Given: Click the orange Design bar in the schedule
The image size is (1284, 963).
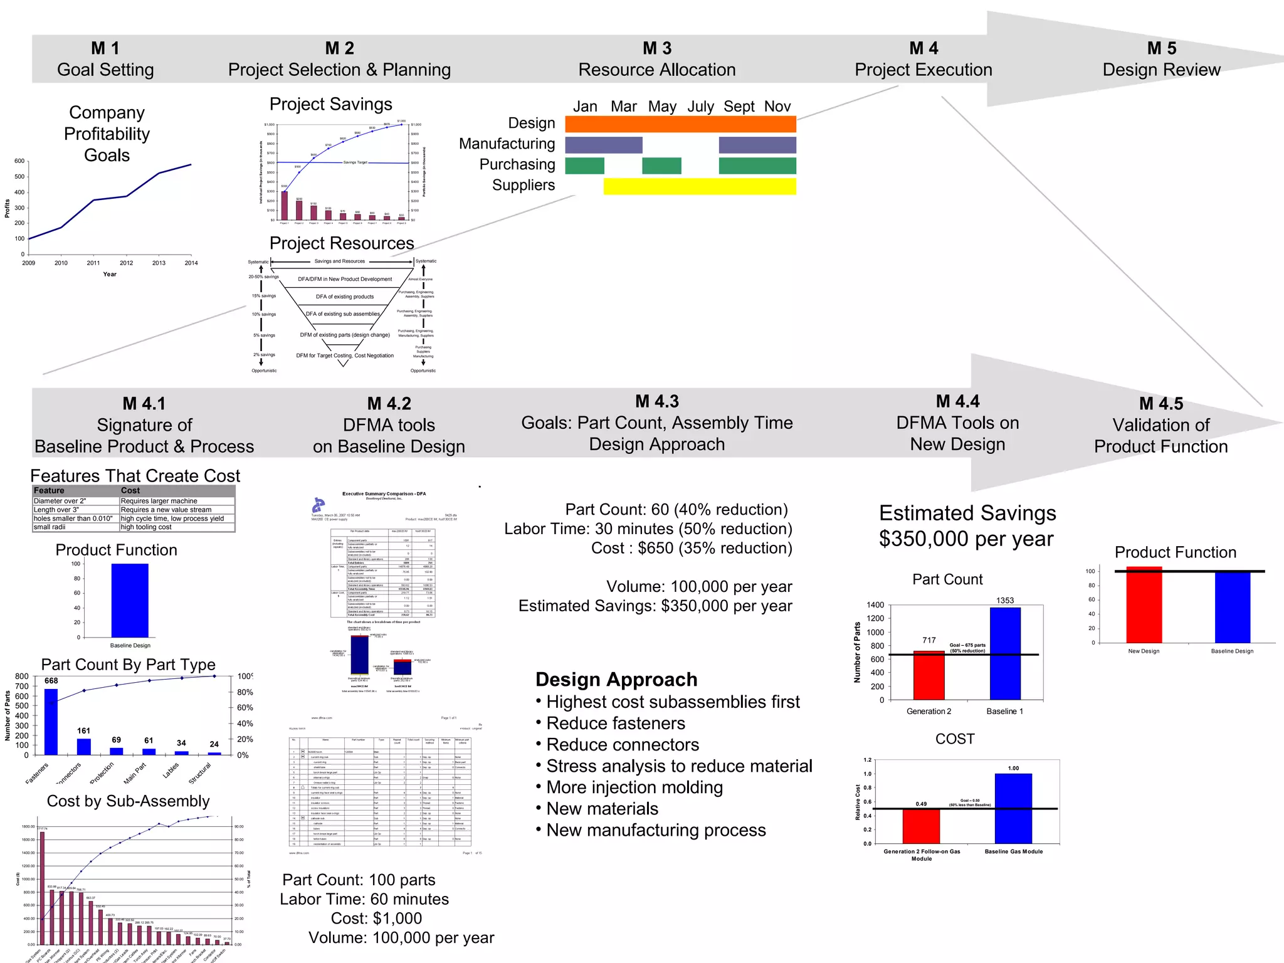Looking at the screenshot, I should (680, 124).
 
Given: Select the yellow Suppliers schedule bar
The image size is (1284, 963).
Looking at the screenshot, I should (699, 186).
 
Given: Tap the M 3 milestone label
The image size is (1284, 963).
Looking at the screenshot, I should (656, 48).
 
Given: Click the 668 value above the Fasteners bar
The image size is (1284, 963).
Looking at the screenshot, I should (51, 680).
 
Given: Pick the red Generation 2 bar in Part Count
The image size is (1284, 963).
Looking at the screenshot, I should (929, 675).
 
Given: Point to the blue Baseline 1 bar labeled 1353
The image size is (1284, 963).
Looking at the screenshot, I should (1004, 653).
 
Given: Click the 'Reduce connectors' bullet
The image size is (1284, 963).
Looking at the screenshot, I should (622, 745).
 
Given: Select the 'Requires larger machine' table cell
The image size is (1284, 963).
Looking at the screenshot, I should (159, 501).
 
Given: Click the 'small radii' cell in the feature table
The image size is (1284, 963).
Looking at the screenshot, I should (50, 527).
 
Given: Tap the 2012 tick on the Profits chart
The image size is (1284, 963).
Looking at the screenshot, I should (126, 263).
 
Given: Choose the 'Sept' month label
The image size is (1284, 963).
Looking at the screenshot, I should (739, 107).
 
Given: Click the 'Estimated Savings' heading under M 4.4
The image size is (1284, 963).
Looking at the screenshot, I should (967, 513).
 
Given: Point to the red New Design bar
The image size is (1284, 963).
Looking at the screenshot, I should (1144, 605).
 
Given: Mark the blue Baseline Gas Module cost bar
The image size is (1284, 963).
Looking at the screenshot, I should (1013, 809).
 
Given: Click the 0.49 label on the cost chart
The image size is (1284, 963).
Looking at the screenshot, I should (920, 804).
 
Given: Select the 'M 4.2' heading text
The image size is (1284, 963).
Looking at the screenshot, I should (389, 404).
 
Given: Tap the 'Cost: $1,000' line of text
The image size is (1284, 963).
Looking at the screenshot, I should (376, 918).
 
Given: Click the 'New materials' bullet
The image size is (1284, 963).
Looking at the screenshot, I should (602, 809).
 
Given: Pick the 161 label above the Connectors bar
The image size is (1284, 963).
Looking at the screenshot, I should (83, 730).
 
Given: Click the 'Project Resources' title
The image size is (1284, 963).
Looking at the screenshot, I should (342, 243).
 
